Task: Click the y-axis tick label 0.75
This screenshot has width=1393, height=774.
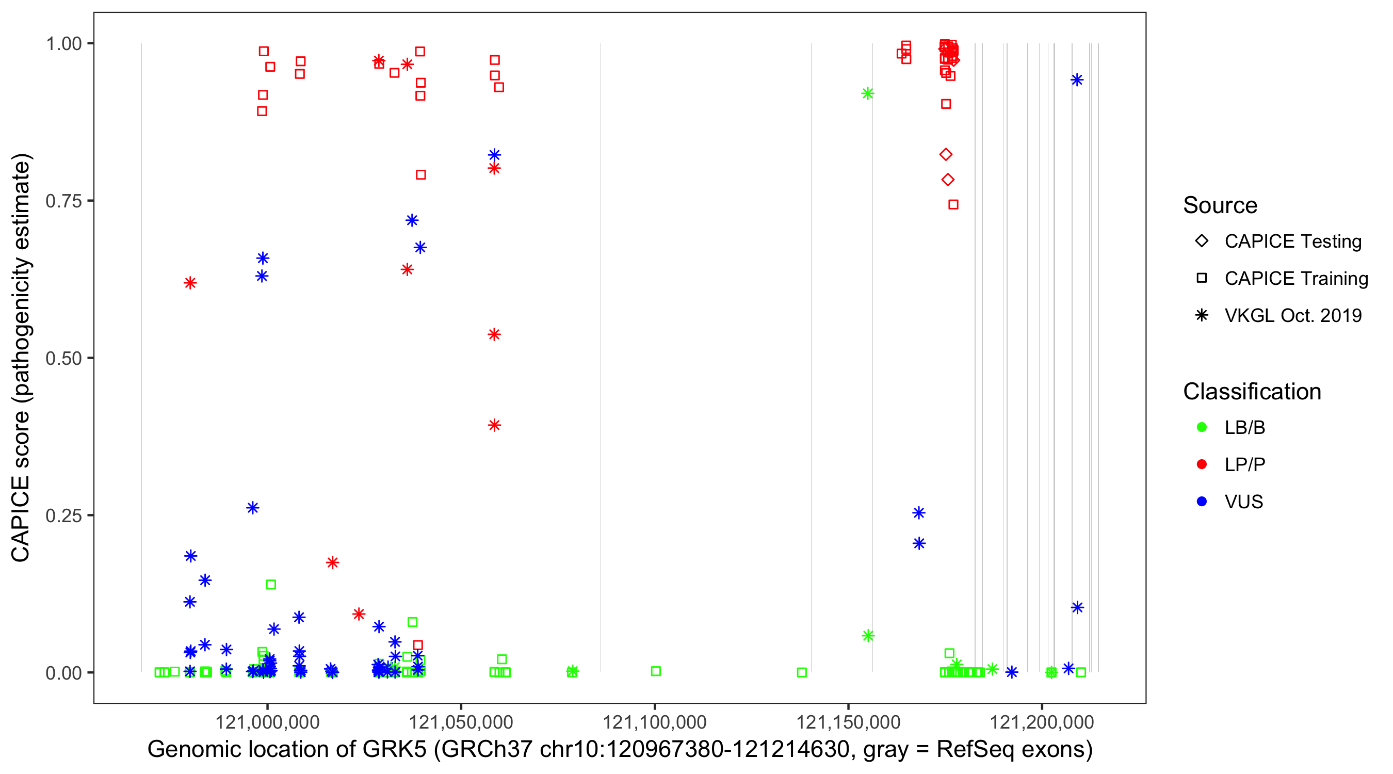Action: (63, 201)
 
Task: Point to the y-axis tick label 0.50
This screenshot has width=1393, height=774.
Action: (63, 358)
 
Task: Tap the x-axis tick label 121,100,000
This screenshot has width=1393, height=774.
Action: (654, 722)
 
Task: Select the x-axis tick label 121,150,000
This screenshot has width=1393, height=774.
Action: (848, 722)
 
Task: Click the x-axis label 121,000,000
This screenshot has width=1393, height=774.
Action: (267, 722)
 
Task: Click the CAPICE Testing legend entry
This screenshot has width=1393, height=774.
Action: (1292, 241)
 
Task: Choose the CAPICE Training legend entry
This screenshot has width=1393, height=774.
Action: (1295, 279)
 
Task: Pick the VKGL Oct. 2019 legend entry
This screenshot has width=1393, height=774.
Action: (1292, 315)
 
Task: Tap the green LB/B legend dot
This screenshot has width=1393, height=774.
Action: (1202, 427)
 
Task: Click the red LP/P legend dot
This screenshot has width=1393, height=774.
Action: (1202, 464)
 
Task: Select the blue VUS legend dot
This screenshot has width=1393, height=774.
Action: (1202, 502)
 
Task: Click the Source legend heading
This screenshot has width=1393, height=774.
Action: (1220, 205)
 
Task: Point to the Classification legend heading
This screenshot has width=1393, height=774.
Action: (1252, 392)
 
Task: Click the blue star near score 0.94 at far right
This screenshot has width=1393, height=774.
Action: (1077, 80)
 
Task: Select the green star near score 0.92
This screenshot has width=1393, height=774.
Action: (867, 93)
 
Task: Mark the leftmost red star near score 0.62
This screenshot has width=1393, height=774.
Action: (190, 283)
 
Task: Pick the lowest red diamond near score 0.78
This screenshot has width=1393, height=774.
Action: (947, 180)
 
